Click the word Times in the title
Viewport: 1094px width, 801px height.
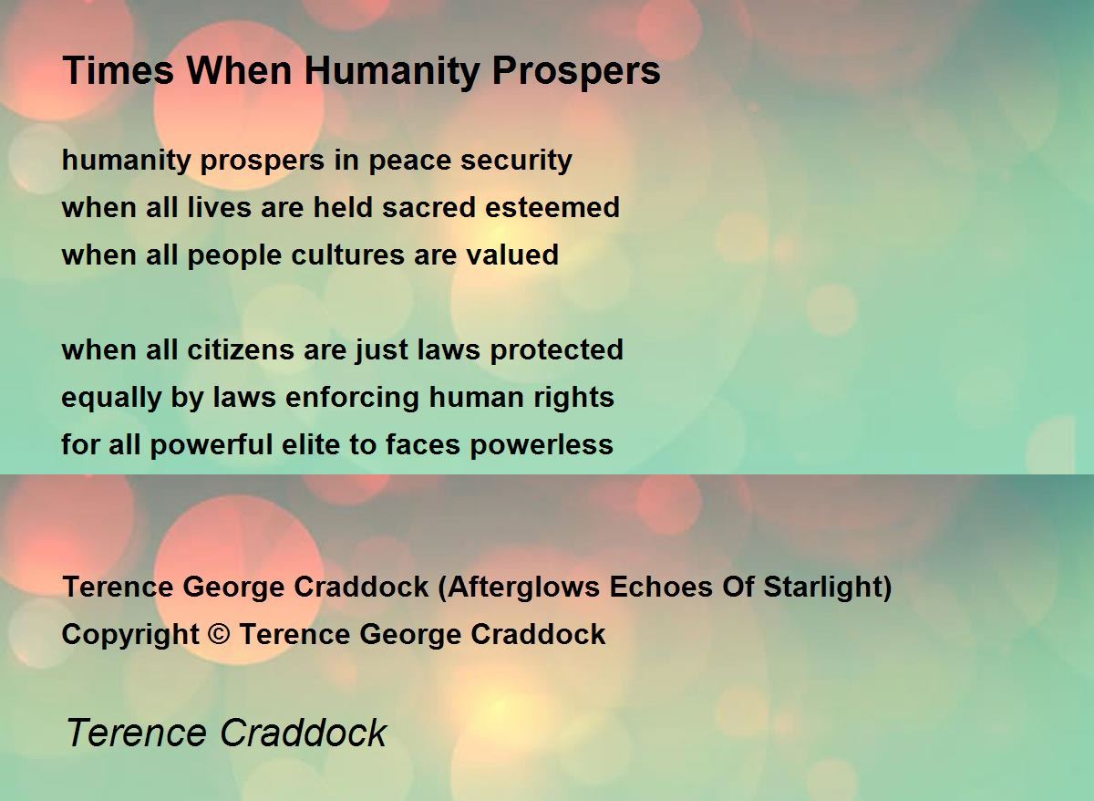tap(119, 70)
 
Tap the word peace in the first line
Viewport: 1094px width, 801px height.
tap(409, 161)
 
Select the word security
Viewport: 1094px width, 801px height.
tap(516, 161)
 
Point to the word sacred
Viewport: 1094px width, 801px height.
tap(428, 207)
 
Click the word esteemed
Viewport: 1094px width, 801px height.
tap(552, 207)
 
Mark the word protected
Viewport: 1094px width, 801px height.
tap(557, 350)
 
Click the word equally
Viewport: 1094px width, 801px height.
tap(111, 398)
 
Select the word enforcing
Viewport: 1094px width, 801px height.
tap(352, 398)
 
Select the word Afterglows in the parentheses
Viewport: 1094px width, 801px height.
tap(523, 587)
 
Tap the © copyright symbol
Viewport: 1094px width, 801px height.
tap(219, 634)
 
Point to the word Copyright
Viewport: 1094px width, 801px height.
tap(130, 635)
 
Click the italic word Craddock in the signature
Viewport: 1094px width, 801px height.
tap(304, 733)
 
